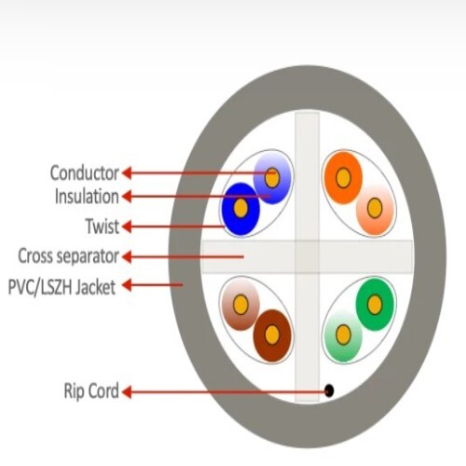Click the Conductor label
pyautogui.click(x=84, y=172)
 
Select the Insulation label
pyautogui.click(x=87, y=197)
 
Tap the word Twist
pyautogui.click(x=103, y=226)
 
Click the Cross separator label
pyautogui.click(x=68, y=255)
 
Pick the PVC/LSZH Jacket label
pyautogui.click(x=62, y=286)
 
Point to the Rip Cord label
pyautogui.click(x=91, y=391)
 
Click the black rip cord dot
pyautogui.click(x=329, y=391)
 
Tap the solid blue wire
pyautogui.click(x=241, y=209)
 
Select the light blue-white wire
pyautogui.click(x=272, y=178)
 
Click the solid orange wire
pyautogui.click(x=343, y=178)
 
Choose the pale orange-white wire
pyautogui.click(x=375, y=209)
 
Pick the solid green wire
pyautogui.click(x=375, y=305)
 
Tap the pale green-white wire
pyautogui.click(x=343, y=336)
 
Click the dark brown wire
pyautogui.click(x=272, y=336)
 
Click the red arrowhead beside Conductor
pyautogui.click(x=126, y=172)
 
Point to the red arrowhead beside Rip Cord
pyautogui.click(x=126, y=391)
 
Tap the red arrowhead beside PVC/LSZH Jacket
pyautogui.click(x=126, y=285)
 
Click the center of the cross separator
pyautogui.click(x=308, y=257)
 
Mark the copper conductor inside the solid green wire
pyautogui.click(x=375, y=305)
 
